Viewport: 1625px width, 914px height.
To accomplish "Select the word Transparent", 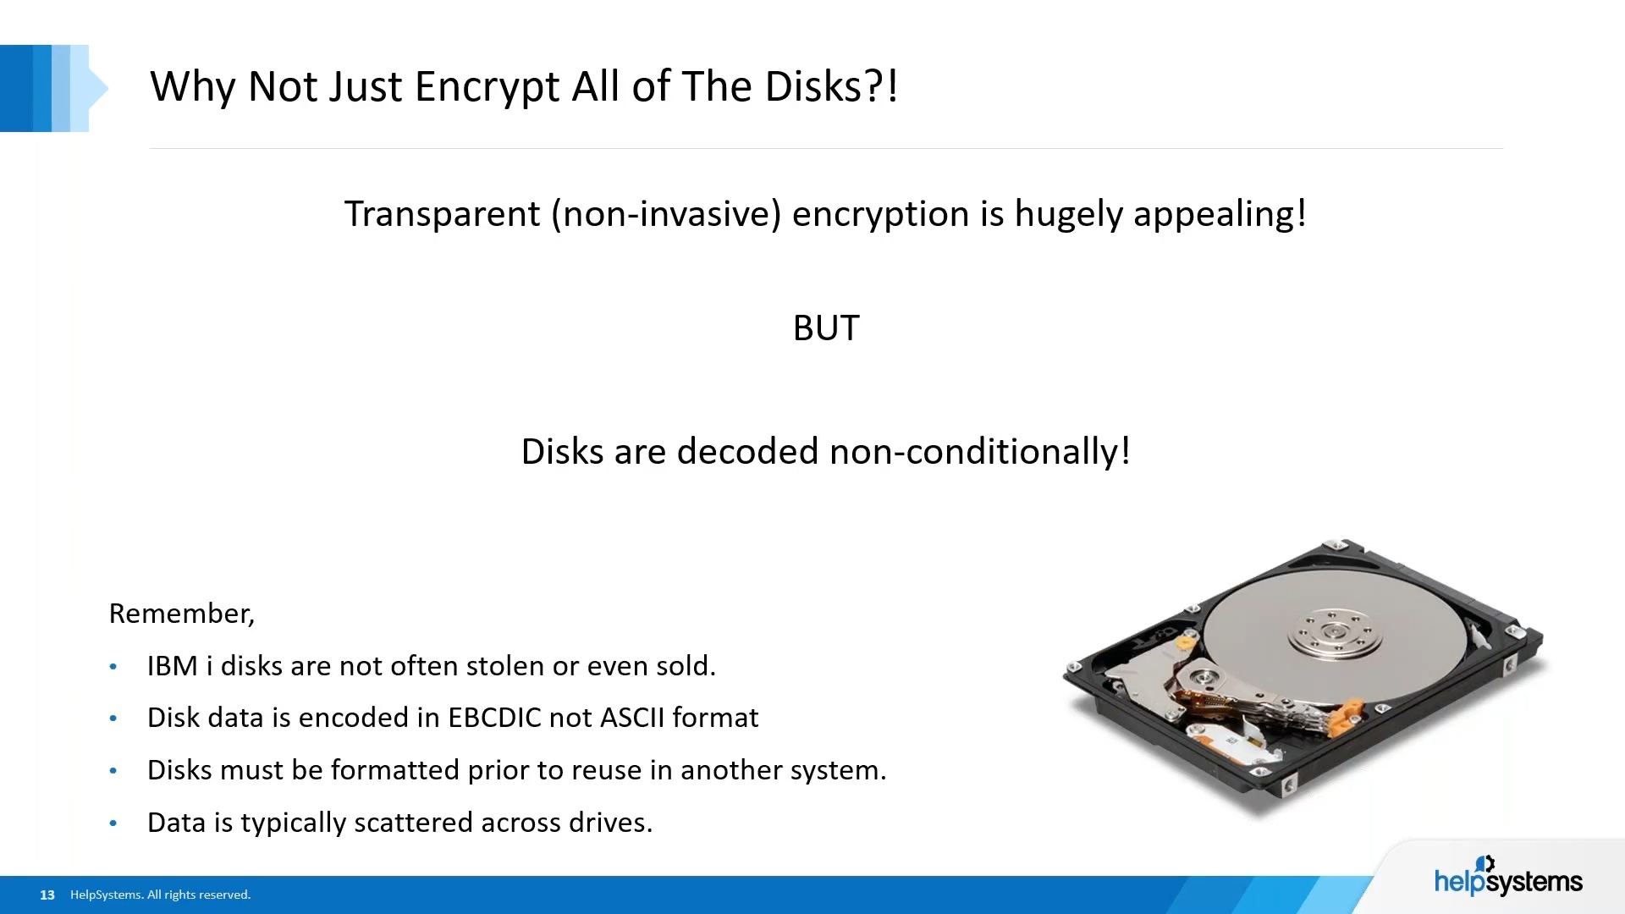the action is click(442, 214).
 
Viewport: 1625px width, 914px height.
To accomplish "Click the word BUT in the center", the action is click(826, 328).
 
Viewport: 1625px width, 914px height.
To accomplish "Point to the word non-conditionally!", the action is click(980, 452).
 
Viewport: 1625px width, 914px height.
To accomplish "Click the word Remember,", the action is click(182, 614).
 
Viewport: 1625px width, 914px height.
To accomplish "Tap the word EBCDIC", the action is click(494, 718).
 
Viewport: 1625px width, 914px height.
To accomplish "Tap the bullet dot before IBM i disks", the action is click(113, 667).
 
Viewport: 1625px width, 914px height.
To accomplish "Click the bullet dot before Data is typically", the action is click(113, 823).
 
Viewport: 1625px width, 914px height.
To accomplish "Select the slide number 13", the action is click(47, 895).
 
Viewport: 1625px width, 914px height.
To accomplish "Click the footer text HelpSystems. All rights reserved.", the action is click(161, 895).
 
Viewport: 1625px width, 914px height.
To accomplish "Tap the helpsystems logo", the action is click(1508, 877).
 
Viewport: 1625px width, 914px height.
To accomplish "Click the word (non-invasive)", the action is click(666, 214).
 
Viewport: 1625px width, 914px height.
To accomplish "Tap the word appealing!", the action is click(1220, 214).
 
